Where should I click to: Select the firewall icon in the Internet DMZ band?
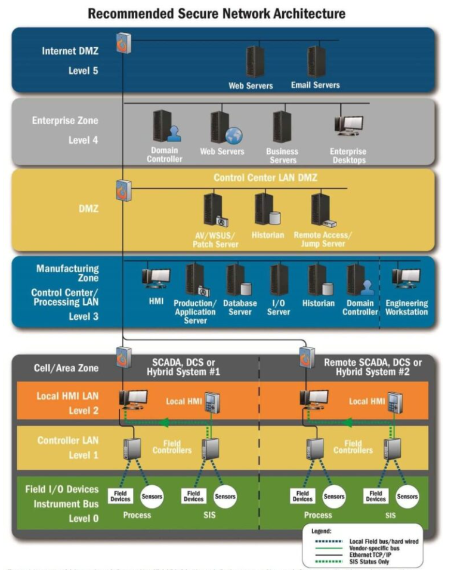coord(124,43)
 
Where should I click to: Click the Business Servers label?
coord(282,156)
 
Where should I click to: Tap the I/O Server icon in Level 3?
coord(279,280)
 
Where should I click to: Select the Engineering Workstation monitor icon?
coord(406,278)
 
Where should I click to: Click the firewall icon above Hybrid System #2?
coord(307,357)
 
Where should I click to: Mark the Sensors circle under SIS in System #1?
coord(224,496)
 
